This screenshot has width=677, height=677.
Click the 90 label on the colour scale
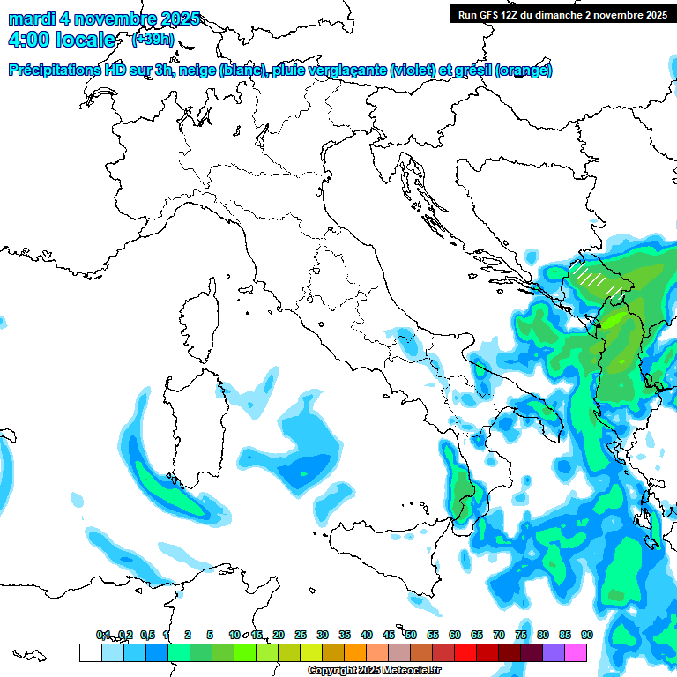click(x=587, y=635)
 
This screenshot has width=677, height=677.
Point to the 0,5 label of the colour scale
click(x=146, y=635)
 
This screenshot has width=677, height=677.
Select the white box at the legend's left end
click(x=90, y=652)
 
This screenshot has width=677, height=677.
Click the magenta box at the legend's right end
click(x=576, y=652)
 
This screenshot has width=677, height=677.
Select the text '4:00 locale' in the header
click(x=61, y=40)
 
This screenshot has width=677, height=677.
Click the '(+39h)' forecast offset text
click(x=153, y=40)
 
